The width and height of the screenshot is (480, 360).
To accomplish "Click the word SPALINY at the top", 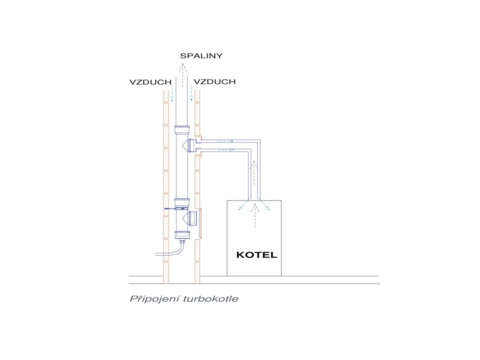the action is click(201, 55).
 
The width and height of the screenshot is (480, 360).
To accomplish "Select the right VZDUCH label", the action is click(214, 82).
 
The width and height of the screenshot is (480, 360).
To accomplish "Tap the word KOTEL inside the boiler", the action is click(256, 255).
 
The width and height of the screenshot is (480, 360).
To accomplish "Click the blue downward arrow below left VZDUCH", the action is click(172, 94).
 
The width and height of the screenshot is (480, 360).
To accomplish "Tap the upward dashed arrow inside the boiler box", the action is click(254, 218).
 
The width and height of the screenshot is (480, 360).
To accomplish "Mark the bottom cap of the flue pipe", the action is click(181, 235).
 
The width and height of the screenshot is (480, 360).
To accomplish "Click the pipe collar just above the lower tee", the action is click(181, 202).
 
